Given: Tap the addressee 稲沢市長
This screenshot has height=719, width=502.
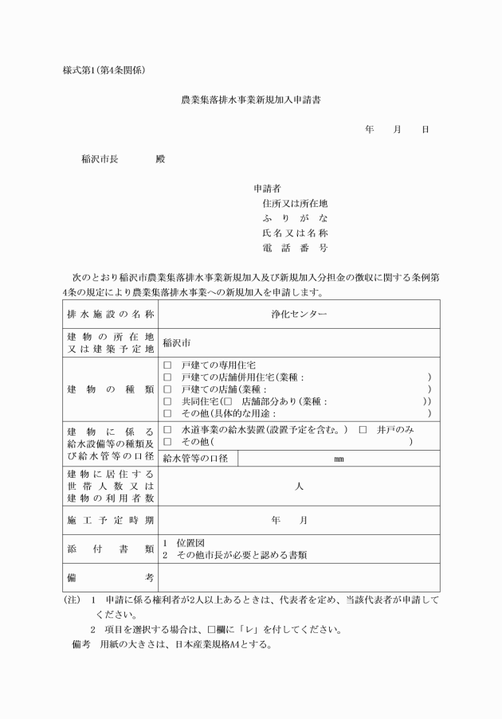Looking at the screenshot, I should pyautogui.click(x=100, y=158).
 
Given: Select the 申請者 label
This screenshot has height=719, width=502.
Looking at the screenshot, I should pyautogui.click(x=266, y=190).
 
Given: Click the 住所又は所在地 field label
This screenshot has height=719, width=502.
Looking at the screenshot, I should pyautogui.click(x=295, y=204).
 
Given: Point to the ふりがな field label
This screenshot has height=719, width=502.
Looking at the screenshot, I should pyautogui.click(x=295, y=218).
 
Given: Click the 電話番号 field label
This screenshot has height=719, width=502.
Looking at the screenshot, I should pyautogui.click(x=295, y=248).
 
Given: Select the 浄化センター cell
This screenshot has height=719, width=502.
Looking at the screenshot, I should pyautogui.click(x=299, y=314).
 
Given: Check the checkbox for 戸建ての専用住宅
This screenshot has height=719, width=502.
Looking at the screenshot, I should pyautogui.click(x=167, y=364).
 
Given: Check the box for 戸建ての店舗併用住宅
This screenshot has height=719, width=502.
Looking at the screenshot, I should pyautogui.click(x=167, y=377).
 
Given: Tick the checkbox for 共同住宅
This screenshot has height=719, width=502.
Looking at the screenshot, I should pyautogui.click(x=167, y=401).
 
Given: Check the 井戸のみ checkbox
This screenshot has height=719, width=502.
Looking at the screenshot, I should pyautogui.click(x=363, y=429).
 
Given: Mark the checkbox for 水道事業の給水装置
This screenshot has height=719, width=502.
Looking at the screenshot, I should pyautogui.click(x=167, y=429).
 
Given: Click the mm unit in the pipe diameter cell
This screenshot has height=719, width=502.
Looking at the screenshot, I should pyautogui.click(x=339, y=459).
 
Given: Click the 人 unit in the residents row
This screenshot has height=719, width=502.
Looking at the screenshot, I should pyautogui.click(x=299, y=486).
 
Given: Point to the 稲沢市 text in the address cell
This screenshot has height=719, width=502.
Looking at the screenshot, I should pyautogui.click(x=177, y=344).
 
